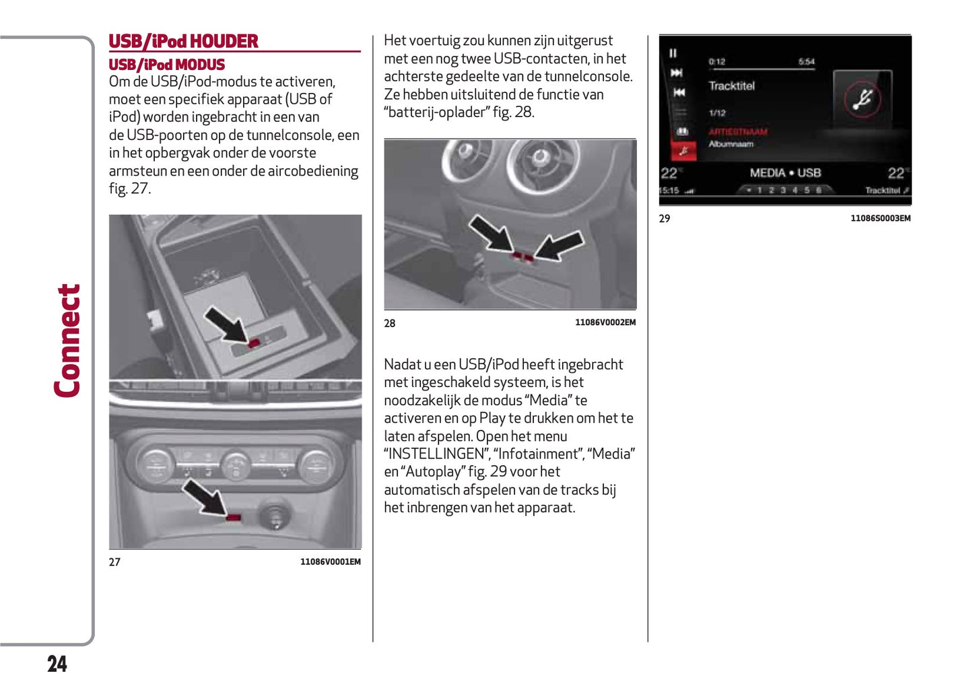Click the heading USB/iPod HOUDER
click(x=183, y=42)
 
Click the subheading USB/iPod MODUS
click(x=166, y=65)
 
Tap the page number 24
click(x=57, y=664)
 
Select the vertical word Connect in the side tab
click(x=68, y=341)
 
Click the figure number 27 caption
click(x=114, y=562)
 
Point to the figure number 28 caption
click(x=389, y=323)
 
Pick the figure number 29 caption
click(x=664, y=218)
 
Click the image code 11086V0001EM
click(x=330, y=561)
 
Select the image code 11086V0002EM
click(x=605, y=322)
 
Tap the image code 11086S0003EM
click(x=880, y=218)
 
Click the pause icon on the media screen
click(x=673, y=53)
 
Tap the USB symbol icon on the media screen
click(x=862, y=99)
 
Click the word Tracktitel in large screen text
click(x=731, y=86)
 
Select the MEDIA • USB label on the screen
click(x=785, y=173)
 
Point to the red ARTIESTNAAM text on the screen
click(x=737, y=132)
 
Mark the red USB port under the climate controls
click(x=234, y=517)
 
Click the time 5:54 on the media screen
click(x=806, y=62)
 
